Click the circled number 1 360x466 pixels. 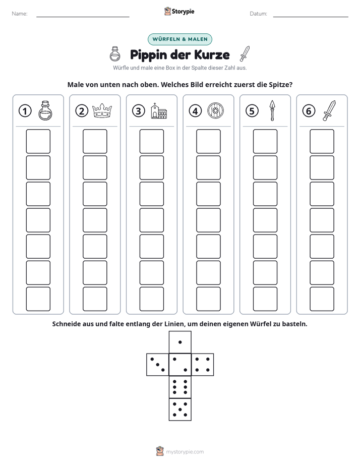click(25, 111)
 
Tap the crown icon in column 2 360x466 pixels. click(102, 110)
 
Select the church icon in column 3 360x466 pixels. click(159, 111)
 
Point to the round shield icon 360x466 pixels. click(215, 111)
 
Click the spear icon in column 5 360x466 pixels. click(272, 110)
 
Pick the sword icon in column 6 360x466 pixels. click(329, 110)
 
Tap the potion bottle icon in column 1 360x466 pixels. click(45, 110)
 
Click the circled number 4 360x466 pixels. click(195, 111)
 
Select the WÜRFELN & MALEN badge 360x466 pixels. click(180, 39)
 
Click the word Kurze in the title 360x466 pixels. click(212, 54)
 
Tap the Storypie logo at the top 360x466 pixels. click(179, 11)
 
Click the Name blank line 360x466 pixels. click(83, 17)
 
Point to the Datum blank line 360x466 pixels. click(311, 17)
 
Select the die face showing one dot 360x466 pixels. click(180, 342)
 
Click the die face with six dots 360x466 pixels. click(180, 387)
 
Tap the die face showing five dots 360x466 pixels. click(180, 410)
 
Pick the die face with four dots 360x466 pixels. click(203, 365)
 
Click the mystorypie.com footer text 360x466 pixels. click(185, 452)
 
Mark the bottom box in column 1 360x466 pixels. click(38, 299)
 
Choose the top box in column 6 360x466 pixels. click(322, 141)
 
